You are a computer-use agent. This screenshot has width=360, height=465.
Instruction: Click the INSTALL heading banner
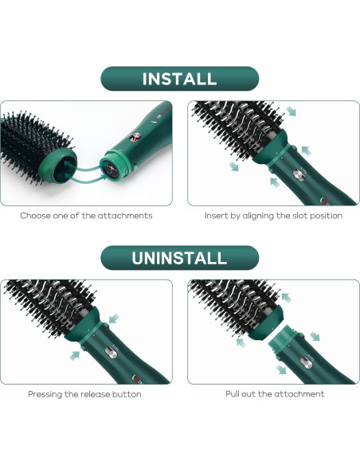pyautogui.click(x=180, y=79)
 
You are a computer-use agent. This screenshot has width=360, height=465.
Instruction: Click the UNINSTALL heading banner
pyautogui.click(x=180, y=258)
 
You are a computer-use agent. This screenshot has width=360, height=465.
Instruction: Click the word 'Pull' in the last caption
pyautogui.click(x=232, y=394)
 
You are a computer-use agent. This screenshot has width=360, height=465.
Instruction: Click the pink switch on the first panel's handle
pyautogui.click(x=135, y=137)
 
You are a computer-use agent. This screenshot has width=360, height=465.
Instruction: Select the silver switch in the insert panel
pyautogui.click(x=299, y=175)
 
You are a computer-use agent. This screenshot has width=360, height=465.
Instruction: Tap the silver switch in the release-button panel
pyautogui.click(x=111, y=353)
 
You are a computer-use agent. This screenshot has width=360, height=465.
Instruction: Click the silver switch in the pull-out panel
pyautogui.click(x=305, y=363)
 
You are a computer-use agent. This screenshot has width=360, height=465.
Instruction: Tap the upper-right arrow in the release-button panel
pyautogui.click(x=114, y=318)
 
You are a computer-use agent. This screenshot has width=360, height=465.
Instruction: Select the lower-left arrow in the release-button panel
pyautogui.click(x=75, y=355)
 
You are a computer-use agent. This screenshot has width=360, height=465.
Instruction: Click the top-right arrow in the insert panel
pyautogui.click(x=291, y=111)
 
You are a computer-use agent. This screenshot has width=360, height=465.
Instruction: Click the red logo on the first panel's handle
pyautogui.click(x=155, y=120)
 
